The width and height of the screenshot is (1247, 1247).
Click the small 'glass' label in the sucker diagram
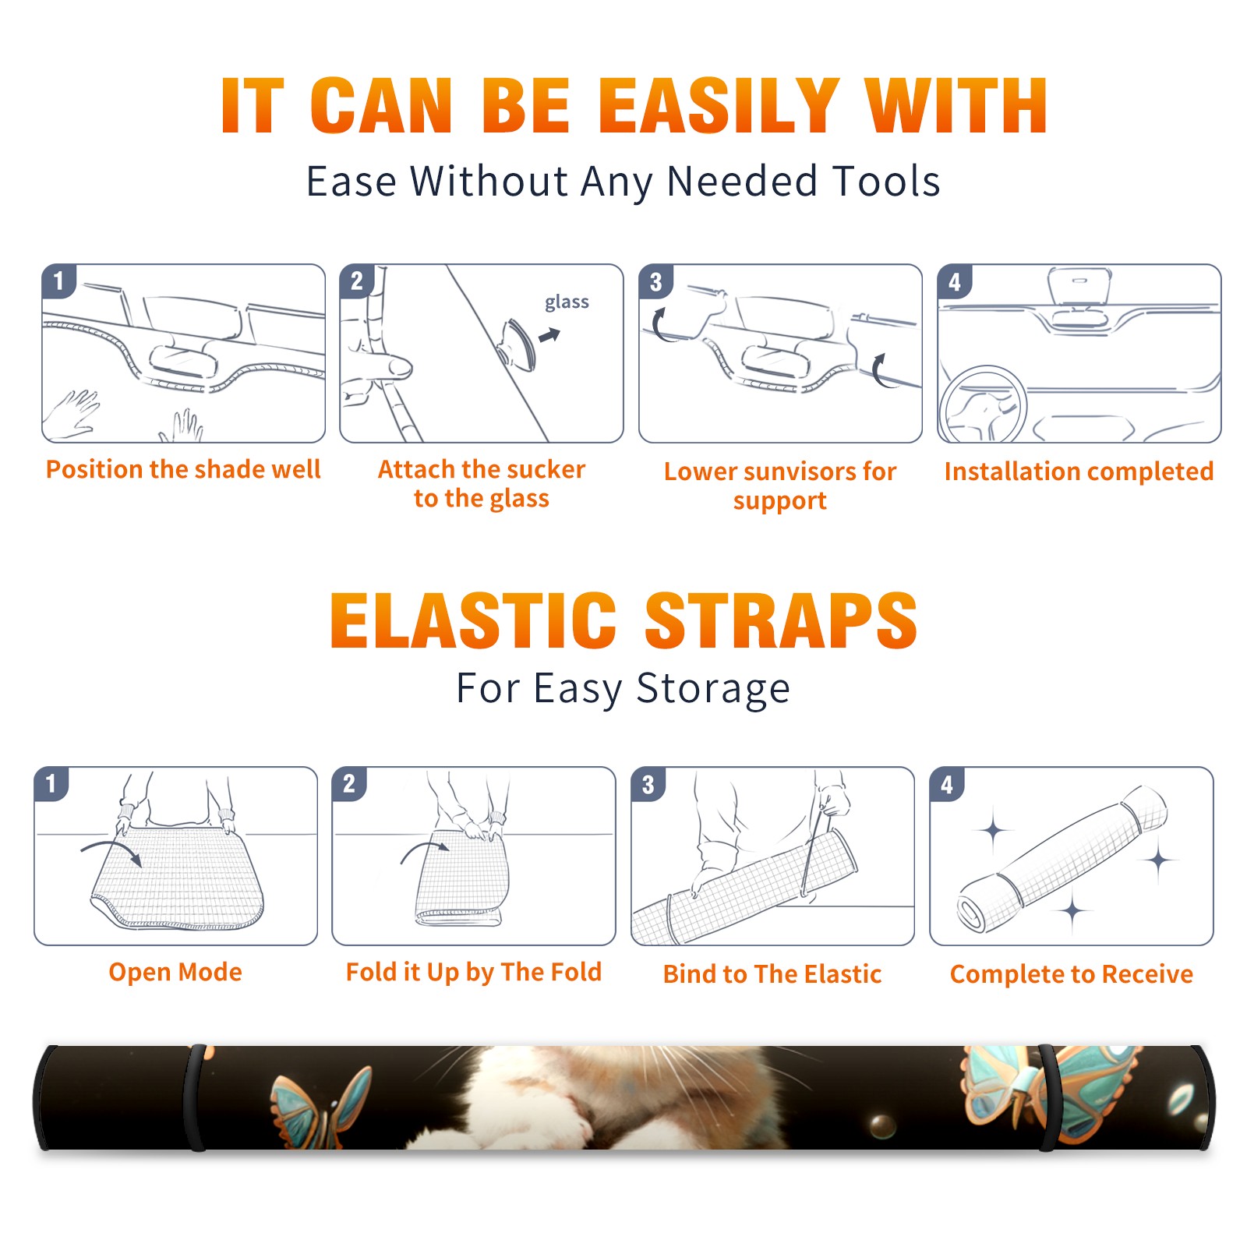(567, 302)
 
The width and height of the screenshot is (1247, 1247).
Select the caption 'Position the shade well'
(183, 469)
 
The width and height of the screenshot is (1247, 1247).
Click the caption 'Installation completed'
(1079, 472)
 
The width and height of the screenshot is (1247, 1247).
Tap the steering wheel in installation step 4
(982, 405)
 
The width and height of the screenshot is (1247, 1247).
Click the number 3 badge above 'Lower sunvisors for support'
(655, 281)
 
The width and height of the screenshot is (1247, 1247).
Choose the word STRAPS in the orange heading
(781, 620)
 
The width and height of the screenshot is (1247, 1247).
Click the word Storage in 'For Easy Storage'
(713, 689)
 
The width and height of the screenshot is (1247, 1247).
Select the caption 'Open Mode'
(175, 972)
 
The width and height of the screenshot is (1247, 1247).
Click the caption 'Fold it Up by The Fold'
(474, 972)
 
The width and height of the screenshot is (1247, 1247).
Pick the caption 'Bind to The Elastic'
(772, 974)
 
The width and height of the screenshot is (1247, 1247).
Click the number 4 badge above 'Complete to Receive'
(947, 784)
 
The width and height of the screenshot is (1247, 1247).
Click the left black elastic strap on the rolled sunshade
(196, 1097)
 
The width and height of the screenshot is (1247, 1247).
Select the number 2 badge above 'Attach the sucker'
(356, 281)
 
